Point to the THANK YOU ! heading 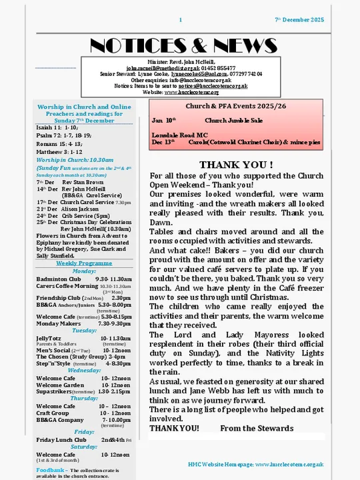236,165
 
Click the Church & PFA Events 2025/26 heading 237,106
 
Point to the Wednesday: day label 84,370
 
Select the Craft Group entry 53,413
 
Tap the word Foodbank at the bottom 50,470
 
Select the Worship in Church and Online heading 84,107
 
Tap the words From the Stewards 257,428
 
